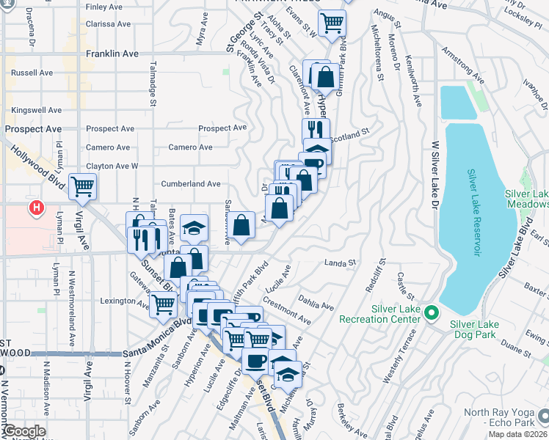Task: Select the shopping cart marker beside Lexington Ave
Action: (x=163, y=303)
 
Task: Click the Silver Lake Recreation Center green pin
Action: (x=432, y=315)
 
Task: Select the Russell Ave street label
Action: (x=32, y=73)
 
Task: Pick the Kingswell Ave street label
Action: (x=34, y=110)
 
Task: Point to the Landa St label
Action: (x=340, y=262)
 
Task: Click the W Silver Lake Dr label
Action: (x=435, y=172)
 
